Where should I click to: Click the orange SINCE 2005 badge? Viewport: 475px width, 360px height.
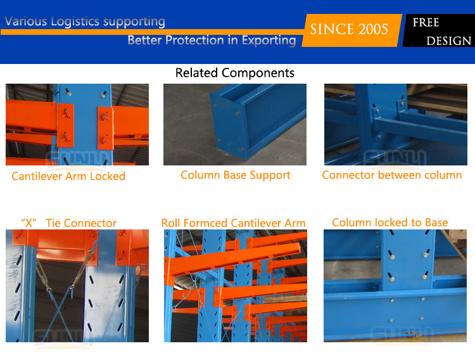(x=351, y=30)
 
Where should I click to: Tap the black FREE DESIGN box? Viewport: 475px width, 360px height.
(x=439, y=30)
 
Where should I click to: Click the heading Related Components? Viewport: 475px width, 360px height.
(x=235, y=73)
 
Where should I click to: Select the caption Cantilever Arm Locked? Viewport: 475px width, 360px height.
(x=68, y=176)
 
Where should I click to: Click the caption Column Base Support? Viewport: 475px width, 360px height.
(x=236, y=176)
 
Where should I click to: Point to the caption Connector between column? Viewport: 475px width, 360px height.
(x=391, y=175)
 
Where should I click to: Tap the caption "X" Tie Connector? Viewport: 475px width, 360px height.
(x=68, y=223)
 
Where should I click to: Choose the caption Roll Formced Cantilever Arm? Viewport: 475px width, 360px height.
(x=233, y=223)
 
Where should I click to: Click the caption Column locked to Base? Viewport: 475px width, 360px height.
(x=390, y=222)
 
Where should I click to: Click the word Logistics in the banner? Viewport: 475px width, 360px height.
(x=75, y=22)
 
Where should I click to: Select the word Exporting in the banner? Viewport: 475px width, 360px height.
(x=269, y=41)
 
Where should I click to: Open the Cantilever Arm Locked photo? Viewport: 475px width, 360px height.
(x=77, y=125)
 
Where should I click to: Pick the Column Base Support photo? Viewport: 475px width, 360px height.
(x=235, y=125)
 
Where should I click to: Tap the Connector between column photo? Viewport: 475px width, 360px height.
(x=396, y=125)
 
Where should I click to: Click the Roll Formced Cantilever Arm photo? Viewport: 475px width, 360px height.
(x=236, y=286)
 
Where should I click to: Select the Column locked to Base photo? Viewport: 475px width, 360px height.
(x=395, y=286)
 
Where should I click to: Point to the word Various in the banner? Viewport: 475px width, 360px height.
(x=26, y=21)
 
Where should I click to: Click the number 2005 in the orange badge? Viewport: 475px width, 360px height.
(x=373, y=29)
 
